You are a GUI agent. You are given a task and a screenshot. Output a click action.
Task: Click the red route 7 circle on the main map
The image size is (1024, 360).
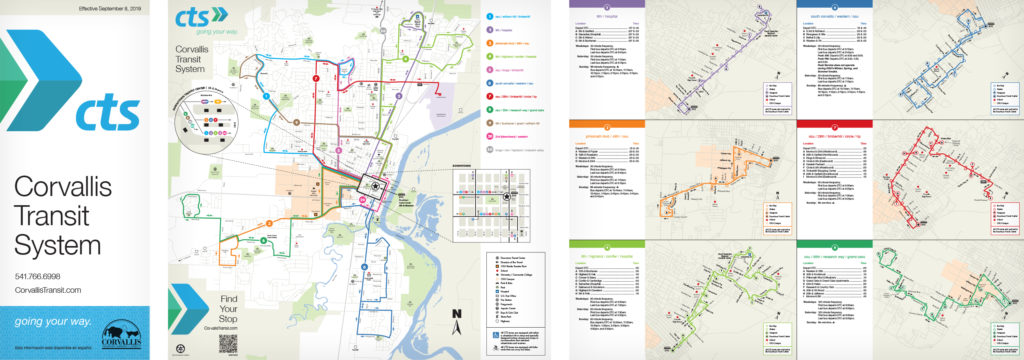(x=316, y=78)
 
